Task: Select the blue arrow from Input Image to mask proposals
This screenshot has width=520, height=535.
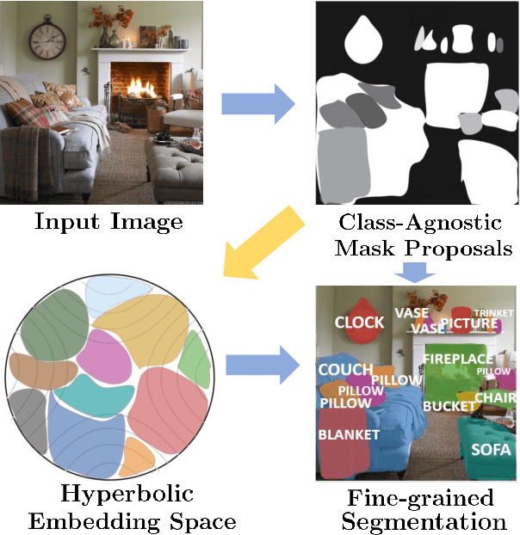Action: [x=257, y=104]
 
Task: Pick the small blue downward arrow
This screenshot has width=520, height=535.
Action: [x=415, y=270]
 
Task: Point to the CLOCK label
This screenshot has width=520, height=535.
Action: [x=359, y=323]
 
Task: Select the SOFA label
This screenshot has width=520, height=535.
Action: [x=491, y=449]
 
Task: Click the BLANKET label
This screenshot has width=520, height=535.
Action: [x=349, y=434]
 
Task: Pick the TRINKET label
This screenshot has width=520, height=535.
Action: [x=494, y=313]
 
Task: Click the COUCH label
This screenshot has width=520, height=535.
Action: [x=345, y=370]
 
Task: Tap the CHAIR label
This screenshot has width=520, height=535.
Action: [x=496, y=397]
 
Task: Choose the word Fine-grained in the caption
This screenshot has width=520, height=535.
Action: [x=421, y=498]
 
